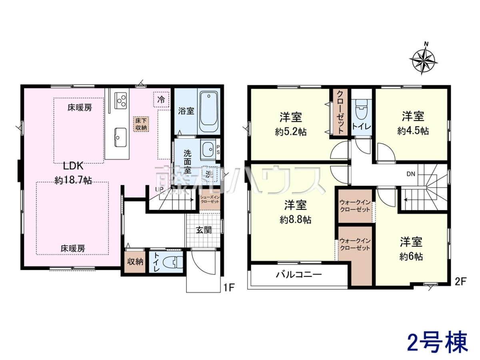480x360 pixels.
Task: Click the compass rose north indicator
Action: (x=426, y=44)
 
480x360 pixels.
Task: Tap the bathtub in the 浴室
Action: (x=209, y=112)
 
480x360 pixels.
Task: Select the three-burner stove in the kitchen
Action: (x=120, y=100)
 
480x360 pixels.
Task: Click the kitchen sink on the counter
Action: (x=120, y=137)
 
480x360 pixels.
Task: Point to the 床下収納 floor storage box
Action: (x=141, y=124)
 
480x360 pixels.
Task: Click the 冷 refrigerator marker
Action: (x=161, y=100)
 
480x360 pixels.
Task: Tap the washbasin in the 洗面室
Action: (x=208, y=149)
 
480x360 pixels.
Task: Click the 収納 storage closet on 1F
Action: (x=135, y=262)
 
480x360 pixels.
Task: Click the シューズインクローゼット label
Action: (x=210, y=199)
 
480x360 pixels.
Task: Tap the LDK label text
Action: (x=73, y=166)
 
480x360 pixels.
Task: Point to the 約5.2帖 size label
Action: (x=291, y=132)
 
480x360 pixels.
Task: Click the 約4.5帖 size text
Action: (x=413, y=131)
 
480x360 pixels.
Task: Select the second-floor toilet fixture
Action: (x=362, y=109)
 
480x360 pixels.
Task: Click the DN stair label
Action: (x=411, y=174)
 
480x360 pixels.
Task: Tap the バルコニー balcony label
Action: (x=299, y=274)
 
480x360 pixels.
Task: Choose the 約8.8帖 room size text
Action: (x=295, y=220)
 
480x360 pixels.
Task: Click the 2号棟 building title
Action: (x=437, y=342)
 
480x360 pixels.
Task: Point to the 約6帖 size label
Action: (x=411, y=257)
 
